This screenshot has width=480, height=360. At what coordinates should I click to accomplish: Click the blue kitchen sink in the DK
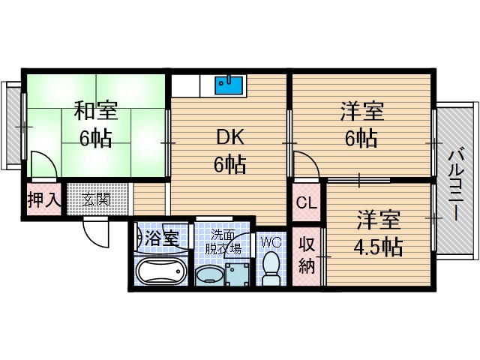228,84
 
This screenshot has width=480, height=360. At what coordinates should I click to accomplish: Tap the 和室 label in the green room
95,112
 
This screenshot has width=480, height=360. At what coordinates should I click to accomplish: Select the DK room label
230,137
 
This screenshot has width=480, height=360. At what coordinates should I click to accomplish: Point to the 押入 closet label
43,200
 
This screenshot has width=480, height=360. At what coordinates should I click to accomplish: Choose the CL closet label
306,202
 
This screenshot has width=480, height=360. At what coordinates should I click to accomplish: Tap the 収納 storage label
307,255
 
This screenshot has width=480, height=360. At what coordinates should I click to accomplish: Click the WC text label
271,241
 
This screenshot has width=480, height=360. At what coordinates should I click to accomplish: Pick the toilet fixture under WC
271,268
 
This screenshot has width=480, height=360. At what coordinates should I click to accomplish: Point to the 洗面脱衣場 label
224,241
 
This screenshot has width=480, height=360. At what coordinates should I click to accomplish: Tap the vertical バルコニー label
454,184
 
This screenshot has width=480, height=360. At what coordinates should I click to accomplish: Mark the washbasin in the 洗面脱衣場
209,276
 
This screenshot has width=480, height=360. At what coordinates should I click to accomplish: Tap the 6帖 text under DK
230,164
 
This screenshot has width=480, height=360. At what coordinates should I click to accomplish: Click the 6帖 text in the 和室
95,139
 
